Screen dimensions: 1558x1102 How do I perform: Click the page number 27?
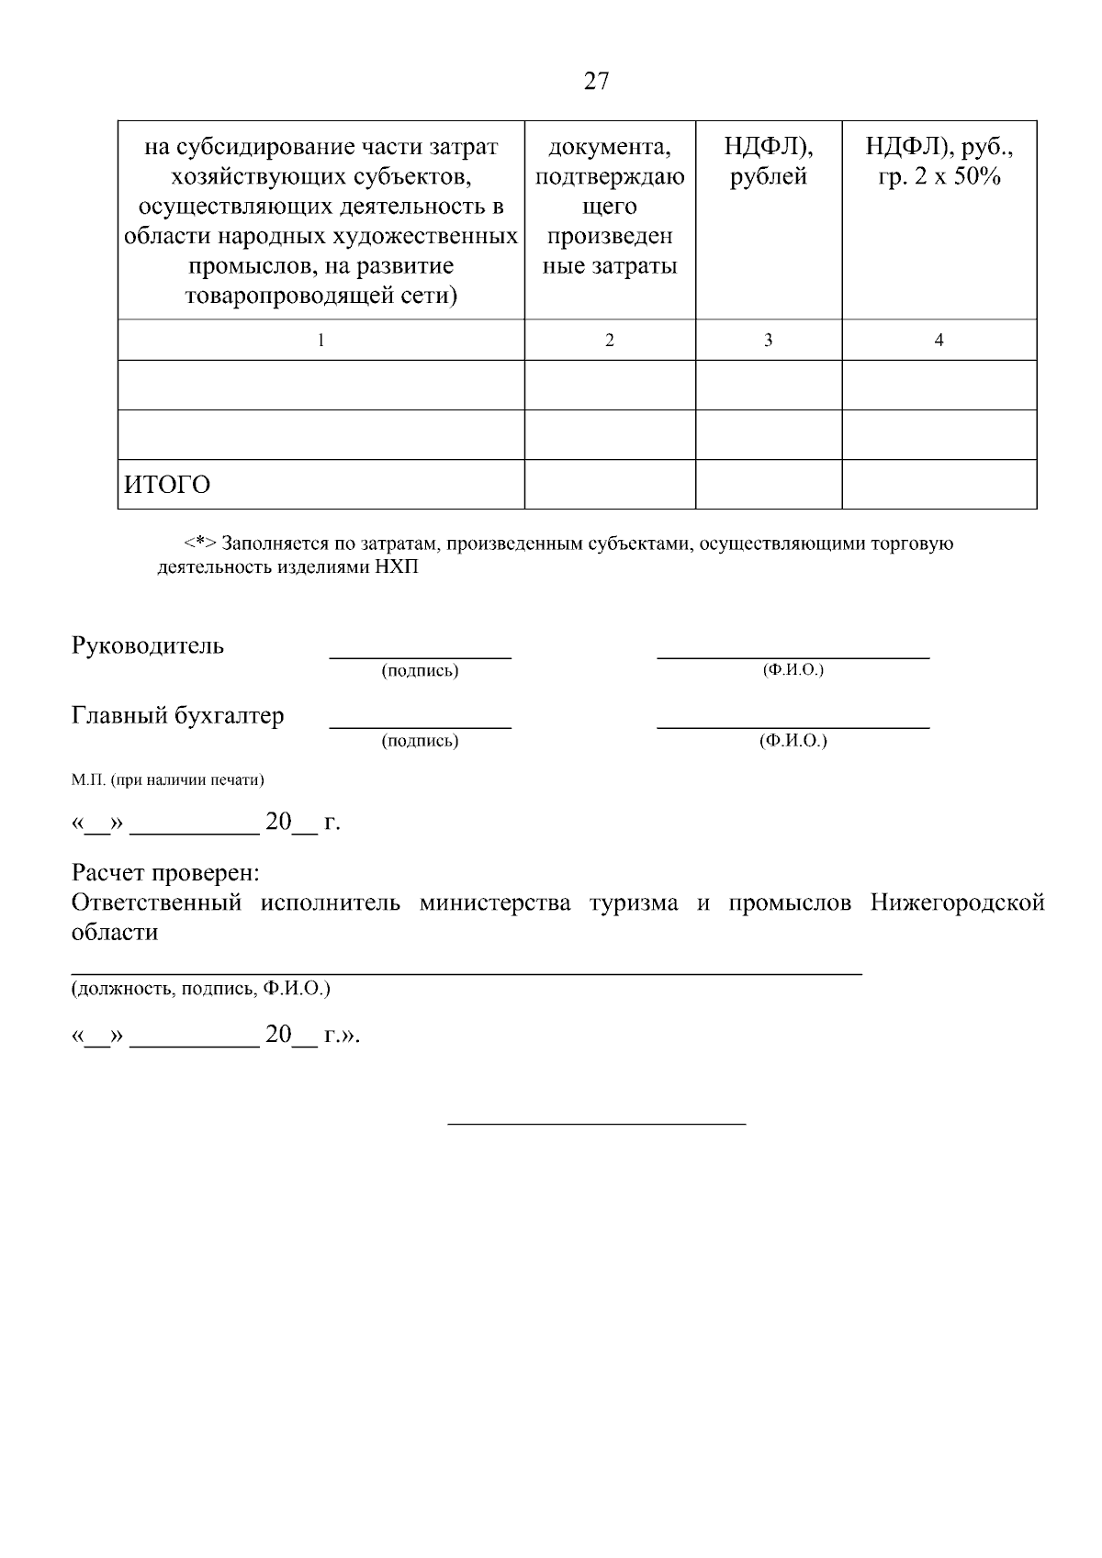coord(596,82)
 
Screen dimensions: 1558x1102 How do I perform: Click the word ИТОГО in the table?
coord(167,485)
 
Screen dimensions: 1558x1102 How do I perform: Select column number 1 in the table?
coord(320,341)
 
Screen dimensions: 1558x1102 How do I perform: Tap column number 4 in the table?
coord(939,341)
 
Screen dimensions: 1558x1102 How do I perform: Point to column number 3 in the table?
coord(768,341)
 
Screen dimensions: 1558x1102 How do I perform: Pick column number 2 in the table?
coord(610,341)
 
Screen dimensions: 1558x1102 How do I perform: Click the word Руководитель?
coord(148,645)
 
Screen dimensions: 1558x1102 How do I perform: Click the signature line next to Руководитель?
coord(420,656)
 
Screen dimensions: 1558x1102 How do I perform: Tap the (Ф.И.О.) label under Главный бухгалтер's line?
coord(793,741)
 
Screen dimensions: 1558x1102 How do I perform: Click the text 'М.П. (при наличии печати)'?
coord(168,780)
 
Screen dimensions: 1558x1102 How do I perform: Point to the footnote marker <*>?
coord(199,544)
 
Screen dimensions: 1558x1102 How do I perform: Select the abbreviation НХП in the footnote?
coord(396,567)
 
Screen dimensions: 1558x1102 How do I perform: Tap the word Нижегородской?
coord(957,902)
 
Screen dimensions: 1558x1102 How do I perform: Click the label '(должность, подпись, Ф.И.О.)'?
coord(201,989)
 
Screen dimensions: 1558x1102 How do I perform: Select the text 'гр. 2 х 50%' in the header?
coord(939,177)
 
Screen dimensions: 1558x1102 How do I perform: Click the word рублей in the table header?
coord(769,177)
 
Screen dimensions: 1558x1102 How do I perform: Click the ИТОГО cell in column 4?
coord(939,485)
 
